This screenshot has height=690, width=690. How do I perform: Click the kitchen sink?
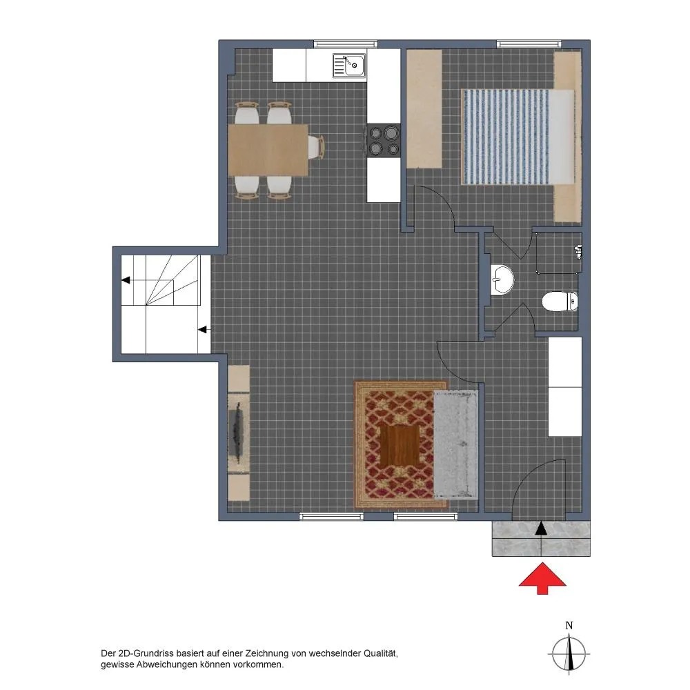[349, 66]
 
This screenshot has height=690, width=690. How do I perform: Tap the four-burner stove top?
[384, 141]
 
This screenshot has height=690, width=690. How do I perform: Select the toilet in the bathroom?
[560, 302]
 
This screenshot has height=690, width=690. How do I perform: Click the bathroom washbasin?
[502, 279]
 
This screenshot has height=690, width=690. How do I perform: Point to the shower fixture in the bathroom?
[579, 252]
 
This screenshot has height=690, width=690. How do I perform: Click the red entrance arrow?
[542, 578]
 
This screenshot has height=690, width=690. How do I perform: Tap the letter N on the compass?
[569, 625]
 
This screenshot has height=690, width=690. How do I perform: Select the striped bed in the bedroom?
[518, 137]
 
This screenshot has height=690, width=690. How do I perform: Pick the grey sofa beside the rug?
[456, 444]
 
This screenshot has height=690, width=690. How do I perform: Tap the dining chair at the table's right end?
[317, 147]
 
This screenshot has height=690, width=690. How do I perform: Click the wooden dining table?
[268, 150]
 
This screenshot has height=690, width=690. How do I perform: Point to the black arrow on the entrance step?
[541, 528]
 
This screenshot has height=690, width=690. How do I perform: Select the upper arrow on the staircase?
[126, 280]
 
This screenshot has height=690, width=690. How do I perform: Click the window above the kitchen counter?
[346, 44]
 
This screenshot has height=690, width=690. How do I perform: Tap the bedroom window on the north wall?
[529, 44]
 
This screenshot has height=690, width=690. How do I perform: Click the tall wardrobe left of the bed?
[424, 109]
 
